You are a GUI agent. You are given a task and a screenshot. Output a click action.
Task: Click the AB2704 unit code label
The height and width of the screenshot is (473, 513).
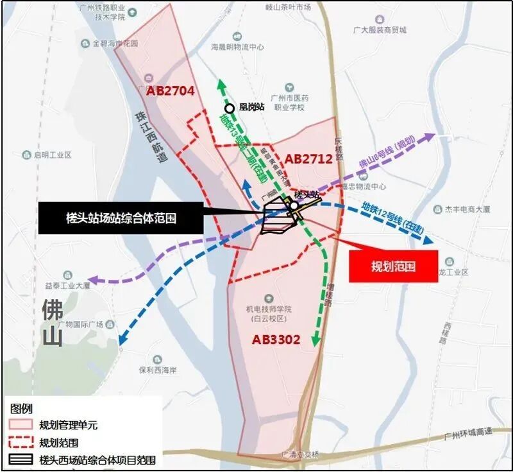tap(170, 91)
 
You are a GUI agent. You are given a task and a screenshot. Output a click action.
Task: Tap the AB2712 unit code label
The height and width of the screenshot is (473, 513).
tap(308, 159)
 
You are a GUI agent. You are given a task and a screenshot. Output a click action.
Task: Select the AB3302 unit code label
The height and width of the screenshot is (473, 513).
tap(276, 340)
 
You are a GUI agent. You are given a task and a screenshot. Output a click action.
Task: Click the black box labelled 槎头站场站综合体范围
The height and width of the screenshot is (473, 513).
tap(121, 218)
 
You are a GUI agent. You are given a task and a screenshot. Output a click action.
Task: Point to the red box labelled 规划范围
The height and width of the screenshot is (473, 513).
tap(393, 266)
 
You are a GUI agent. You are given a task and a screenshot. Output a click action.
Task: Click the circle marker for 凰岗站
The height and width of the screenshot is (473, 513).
tap(229, 108)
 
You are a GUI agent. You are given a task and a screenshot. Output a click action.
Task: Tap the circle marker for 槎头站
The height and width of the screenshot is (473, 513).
tap(293, 206)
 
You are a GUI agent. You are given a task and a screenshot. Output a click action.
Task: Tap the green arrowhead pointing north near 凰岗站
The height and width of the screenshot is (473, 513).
tap(221, 83)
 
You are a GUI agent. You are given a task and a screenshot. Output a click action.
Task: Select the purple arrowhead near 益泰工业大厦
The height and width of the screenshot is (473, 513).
tap(94, 280)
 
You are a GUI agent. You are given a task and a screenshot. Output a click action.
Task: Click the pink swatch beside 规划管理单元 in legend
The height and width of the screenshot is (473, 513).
tap(21, 425)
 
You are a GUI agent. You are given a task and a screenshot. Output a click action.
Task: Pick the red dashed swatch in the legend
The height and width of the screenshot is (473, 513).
tap(21, 442)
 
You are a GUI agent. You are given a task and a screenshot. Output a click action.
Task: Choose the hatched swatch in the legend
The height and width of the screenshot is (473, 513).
tap(21, 460)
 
